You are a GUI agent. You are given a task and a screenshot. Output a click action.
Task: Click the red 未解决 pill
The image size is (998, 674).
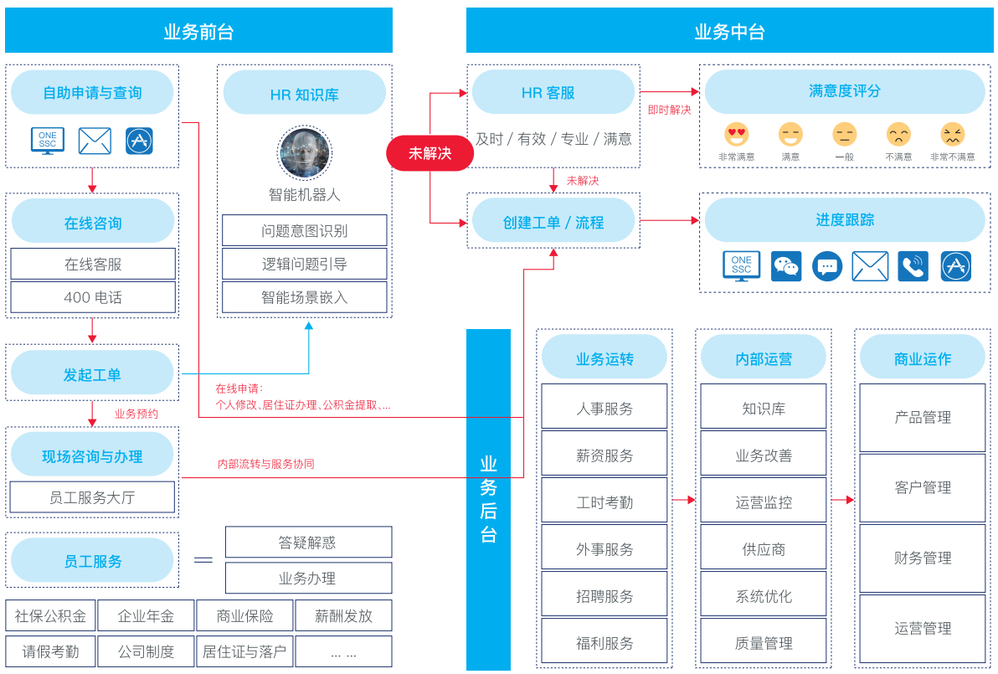pos(430,153)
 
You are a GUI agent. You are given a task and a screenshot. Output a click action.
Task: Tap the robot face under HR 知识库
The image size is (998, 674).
pos(304,153)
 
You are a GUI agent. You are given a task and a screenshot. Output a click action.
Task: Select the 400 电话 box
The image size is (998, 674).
pos(93,297)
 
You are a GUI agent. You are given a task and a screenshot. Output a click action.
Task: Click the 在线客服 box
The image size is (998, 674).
pos(93,264)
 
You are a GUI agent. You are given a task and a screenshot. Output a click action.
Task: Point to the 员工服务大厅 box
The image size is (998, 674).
pos(92,497)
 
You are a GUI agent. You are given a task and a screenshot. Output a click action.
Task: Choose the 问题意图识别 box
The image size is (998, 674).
pos(304,230)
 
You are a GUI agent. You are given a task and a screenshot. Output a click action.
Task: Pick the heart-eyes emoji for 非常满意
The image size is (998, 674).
pos(737,134)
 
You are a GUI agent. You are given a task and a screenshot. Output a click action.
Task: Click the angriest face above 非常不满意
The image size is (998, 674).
pos(953,134)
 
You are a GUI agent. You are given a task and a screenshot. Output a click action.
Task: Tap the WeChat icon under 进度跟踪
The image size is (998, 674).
pos(786,266)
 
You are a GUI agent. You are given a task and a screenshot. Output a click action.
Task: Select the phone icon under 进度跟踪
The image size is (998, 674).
pos(913,266)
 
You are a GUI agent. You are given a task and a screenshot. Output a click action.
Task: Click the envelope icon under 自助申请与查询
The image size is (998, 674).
pos(95,141)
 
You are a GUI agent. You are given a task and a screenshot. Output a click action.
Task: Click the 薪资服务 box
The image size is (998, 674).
pos(604,455)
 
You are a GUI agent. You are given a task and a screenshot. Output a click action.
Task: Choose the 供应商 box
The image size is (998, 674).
pos(764,549)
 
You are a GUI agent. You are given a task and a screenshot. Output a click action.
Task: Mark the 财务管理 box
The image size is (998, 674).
pos(923,558)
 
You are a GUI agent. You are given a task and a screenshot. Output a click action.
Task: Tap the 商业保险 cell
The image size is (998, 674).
pos(244,616)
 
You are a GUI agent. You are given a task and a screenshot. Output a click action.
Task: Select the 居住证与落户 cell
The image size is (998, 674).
pos(244,651)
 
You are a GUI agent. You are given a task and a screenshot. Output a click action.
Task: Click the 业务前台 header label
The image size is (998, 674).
pos(198,33)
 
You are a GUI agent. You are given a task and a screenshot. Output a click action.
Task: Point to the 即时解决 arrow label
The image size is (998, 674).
pos(670,110)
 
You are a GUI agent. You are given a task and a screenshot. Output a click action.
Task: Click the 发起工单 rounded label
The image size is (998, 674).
pos(92,375)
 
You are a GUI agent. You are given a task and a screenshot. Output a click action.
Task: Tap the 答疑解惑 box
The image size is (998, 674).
pos(308,543)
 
